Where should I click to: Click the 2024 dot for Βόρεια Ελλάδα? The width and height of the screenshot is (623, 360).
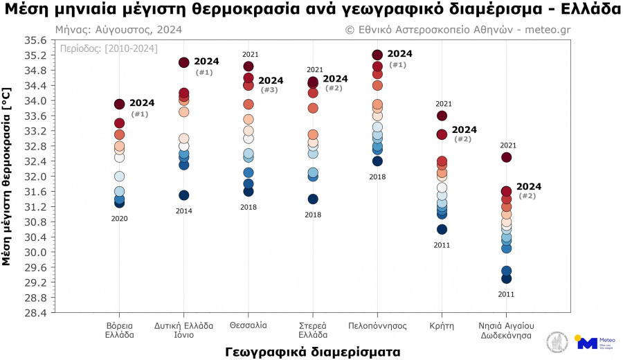pyautogui.click(x=119, y=104)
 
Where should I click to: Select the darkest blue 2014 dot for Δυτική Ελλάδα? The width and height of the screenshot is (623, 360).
pyautogui.click(x=183, y=195)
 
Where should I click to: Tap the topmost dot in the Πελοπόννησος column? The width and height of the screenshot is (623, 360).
pyautogui.click(x=377, y=55)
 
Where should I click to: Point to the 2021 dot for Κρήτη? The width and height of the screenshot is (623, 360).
pyautogui.click(x=442, y=116)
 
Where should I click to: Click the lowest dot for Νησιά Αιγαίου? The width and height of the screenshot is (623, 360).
pyautogui.click(x=506, y=278)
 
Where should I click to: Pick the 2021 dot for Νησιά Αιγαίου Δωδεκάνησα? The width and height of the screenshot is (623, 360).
pyautogui.click(x=506, y=157)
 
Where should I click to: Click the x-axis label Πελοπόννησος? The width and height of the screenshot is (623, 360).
pyautogui.click(x=377, y=325)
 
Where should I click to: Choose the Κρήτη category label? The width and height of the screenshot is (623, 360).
pyautogui.click(x=442, y=325)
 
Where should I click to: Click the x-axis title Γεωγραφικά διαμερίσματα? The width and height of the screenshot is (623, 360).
pyautogui.click(x=312, y=352)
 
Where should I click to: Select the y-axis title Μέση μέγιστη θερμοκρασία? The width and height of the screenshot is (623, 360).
pyautogui.click(x=8, y=177)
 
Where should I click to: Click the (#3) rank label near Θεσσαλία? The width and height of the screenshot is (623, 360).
pyautogui.click(x=269, y=90)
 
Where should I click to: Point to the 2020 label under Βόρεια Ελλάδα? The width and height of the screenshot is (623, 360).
pyautogui.click(x=119, y=219)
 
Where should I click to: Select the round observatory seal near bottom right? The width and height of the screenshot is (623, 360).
pyautogui.click(x=557, y=342)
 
